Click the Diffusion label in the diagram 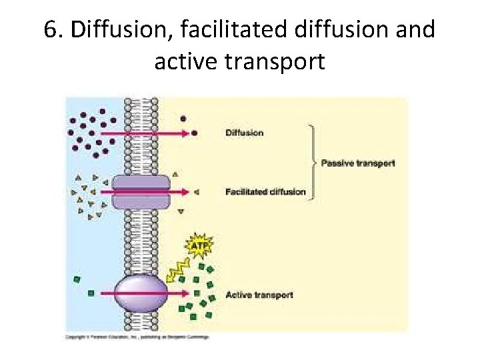coord(245,133)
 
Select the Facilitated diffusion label coord(265,192)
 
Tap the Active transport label coord(259,295)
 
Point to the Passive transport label coord(358,163)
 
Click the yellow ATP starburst coord(198,247)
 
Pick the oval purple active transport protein coord(141,293)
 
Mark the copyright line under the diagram coord(137,337)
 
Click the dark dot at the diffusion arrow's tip coord(195,133)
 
